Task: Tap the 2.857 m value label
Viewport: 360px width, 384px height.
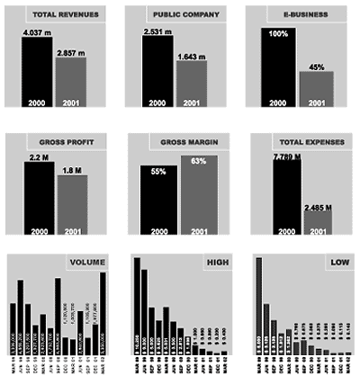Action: [x=70, y=55]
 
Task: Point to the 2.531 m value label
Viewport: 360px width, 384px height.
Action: [x=157, y=34]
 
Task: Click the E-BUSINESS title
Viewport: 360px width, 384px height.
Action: [x=309, y=15]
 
